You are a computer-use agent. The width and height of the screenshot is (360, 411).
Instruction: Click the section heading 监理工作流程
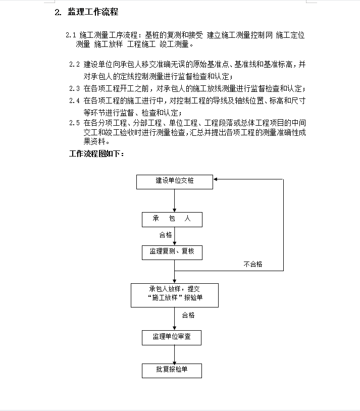click(93, 12)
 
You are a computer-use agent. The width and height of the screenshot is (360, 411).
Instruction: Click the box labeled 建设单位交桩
click(175, 182)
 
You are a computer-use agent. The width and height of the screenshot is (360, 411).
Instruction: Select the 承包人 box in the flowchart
click(172, 220)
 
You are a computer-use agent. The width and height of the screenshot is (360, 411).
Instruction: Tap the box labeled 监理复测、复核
click(172, 252)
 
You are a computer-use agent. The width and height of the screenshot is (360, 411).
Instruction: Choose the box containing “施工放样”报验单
click(175, 295)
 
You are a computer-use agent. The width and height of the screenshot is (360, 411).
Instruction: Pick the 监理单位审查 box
click(172, 338)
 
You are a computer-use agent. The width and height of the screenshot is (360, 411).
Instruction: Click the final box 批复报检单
click(172, 371)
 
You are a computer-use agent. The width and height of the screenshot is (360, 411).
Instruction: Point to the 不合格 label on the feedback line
click(253, 264)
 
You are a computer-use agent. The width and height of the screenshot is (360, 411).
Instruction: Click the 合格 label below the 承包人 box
click(166, 235)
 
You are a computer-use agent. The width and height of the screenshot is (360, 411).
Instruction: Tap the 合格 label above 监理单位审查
click(188, 315)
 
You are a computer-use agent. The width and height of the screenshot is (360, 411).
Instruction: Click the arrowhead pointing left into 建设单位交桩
click(215, 179)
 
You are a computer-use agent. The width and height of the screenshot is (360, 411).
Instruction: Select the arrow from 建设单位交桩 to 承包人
click(174, 200)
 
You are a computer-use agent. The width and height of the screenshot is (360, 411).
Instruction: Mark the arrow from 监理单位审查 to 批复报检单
click(174, 354)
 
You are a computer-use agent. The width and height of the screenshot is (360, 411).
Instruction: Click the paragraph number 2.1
click(71, 35)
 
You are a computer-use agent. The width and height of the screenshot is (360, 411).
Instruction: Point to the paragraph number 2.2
click(74, 64)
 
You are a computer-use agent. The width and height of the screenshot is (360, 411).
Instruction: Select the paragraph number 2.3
click(74, 88)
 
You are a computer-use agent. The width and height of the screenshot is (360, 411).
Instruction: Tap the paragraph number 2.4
click(74, 100)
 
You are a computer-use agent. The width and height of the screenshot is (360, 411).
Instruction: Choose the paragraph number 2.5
click(74, 123)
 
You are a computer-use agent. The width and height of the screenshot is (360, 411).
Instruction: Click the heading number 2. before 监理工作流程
click(58, 12)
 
